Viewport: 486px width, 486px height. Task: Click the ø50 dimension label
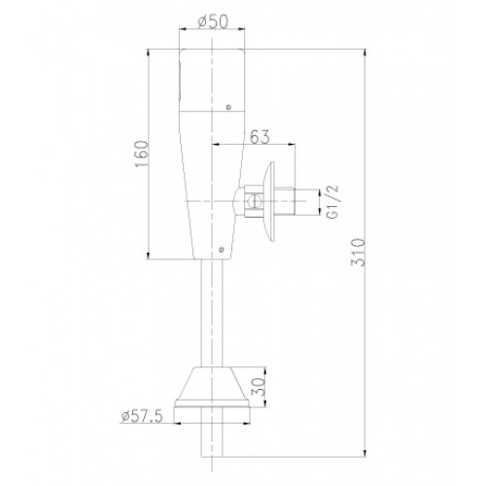click(213, 21)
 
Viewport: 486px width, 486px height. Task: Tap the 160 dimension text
click(142, 154)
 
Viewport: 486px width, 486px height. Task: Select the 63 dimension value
click(260, 137)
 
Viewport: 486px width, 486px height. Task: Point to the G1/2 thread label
click(332, 201)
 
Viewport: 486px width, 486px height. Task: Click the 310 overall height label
click(358, 253)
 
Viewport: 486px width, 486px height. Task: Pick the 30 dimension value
click(259, 387)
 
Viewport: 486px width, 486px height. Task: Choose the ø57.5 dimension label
click(142, 416)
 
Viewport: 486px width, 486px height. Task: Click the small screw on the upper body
click(228, 107)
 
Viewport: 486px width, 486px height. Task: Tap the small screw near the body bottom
click(222, 250)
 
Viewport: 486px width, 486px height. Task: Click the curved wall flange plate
click(270, 201)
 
